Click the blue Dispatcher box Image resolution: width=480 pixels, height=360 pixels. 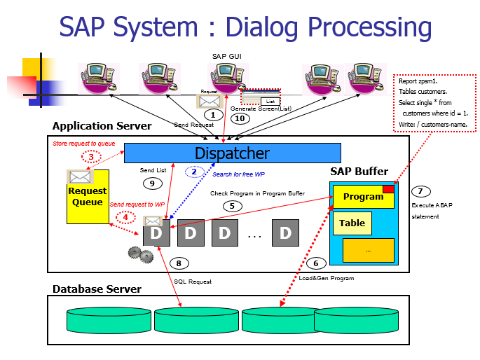pos(232,153)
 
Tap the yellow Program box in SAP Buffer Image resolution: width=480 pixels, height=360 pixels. pos(363,197)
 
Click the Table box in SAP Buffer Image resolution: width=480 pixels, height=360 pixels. pos(352,223)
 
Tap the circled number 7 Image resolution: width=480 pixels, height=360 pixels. pos(420,191)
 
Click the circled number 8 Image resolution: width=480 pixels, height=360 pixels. pos(179,263)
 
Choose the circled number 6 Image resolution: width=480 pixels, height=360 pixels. pos(315,263)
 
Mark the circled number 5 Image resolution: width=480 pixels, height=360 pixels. pos(231,206)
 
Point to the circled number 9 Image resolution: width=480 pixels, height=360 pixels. pos(151,184)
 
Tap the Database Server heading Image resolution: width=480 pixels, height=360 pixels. pos(97,289)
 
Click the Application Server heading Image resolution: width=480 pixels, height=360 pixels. pos(102,126)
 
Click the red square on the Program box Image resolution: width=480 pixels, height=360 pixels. pos(388,189)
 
